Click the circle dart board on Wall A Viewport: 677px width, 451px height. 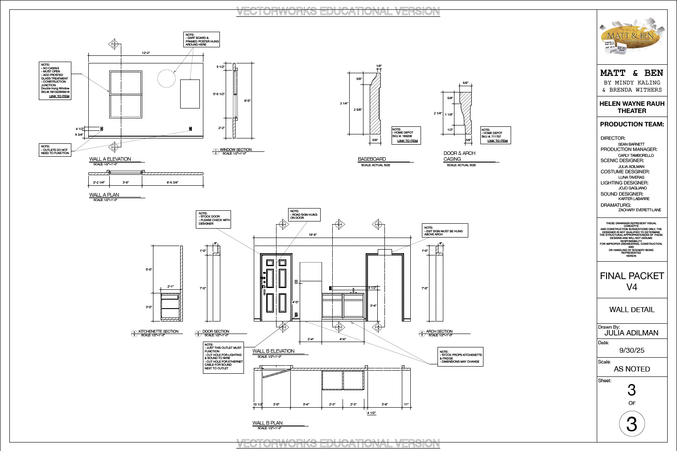pos(167,79)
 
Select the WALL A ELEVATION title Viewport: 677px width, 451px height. pos(110,159)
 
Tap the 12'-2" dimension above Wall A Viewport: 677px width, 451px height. pos(146,53)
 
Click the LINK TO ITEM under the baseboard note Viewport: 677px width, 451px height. pos(408,141)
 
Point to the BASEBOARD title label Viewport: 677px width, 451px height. pos(372,159)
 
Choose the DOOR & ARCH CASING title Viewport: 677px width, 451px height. pos(459,156)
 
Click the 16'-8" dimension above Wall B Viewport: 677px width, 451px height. pos(313,235)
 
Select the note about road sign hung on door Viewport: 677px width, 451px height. pos(305,214)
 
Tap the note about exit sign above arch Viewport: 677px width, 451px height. pos(445,230)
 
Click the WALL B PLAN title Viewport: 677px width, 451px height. pos(268,423)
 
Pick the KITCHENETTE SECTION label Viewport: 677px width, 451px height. pos(158,331)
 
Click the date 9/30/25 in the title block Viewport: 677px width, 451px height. pos(632,351)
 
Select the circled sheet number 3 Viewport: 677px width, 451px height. pos(632,424)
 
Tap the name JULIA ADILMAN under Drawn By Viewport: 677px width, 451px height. pos(632,333)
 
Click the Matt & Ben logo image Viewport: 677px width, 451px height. pos(632,38)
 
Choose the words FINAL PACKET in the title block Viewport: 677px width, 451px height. pos(632,276)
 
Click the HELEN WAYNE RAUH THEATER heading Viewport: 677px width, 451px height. pos(632,107)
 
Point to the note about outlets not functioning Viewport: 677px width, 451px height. pos(55,150)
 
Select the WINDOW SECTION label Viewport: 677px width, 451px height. pos(235,150)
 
